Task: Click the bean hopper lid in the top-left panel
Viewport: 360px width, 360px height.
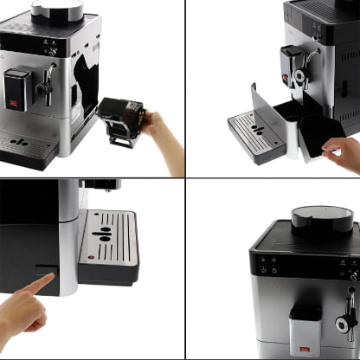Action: coord(57,10)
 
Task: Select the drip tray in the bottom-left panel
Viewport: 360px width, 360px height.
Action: coord(108,247)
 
